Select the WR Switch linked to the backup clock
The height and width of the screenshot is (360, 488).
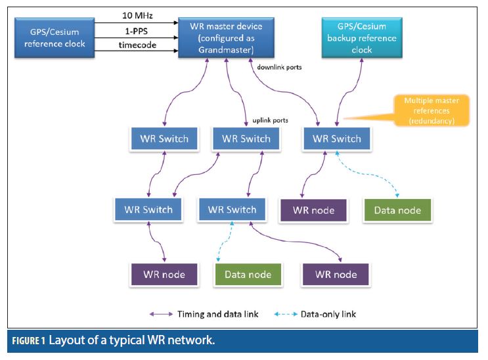tap(337, 139)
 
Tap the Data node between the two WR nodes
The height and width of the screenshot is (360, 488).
tap(248, 275)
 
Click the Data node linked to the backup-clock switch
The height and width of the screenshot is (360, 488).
tap(397, 210)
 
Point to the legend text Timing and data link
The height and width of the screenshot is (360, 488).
tap(219, 314)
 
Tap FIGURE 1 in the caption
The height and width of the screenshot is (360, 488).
tap(27, 341)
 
